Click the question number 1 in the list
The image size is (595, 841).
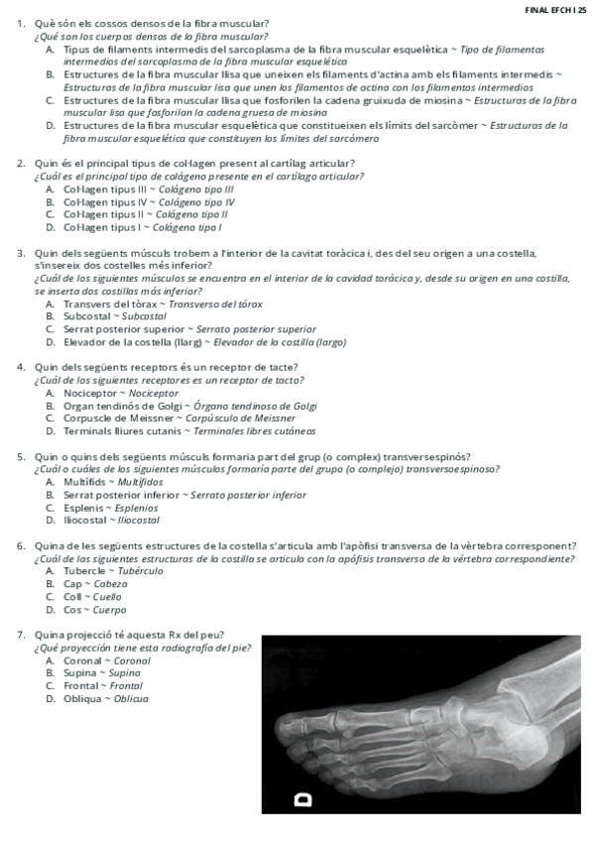(x=21, y=23)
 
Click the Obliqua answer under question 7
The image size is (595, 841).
(x=105, y=699)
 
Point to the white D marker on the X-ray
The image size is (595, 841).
(x=302, y=797)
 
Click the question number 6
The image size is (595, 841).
(x=21, y=545)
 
